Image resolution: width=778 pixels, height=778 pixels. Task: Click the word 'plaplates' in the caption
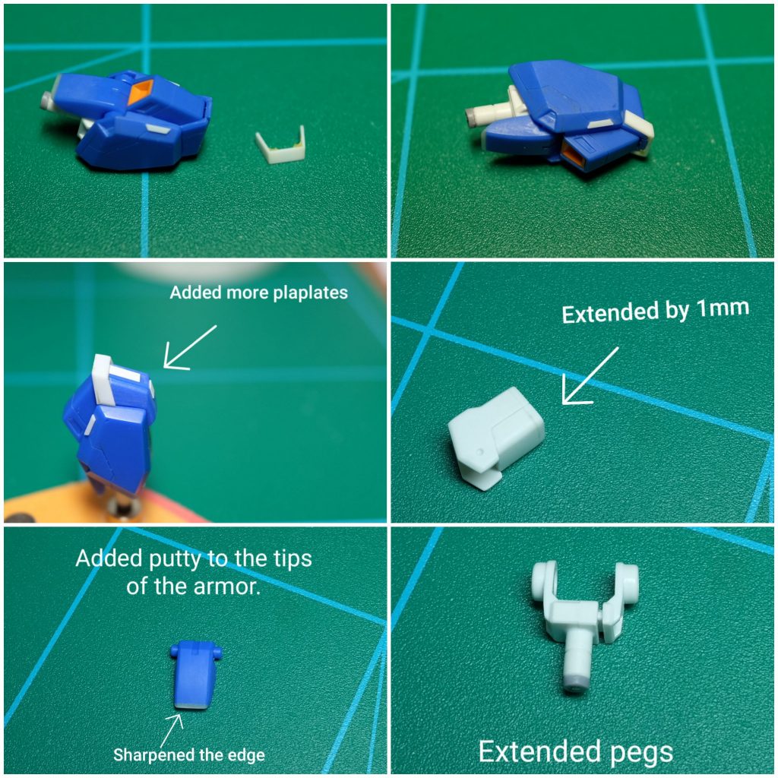pyautogui.click(x=311, y=293)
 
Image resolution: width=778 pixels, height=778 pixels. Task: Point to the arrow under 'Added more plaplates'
pyautogui.click(x=190, y=347)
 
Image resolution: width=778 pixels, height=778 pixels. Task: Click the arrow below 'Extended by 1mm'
pyautogui.click(x=590, y=375)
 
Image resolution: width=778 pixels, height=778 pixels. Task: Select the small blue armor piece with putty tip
pyautogui.click(x=195, y=675)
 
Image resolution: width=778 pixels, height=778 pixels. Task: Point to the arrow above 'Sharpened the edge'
pyautogui.click(x=172, y=729)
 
